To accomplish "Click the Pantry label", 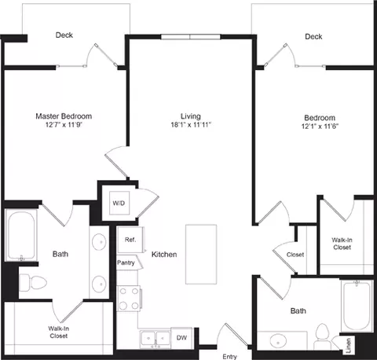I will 126,262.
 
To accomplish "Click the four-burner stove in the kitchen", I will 128,299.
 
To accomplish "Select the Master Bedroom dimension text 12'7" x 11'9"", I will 69,125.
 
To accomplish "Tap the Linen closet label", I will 348,343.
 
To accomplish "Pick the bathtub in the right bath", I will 357,307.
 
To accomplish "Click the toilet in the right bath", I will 321,337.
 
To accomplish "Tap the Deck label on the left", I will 64,35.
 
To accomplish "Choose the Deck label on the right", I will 313,36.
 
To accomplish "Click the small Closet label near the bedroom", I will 295,255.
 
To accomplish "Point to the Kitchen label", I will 163,255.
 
